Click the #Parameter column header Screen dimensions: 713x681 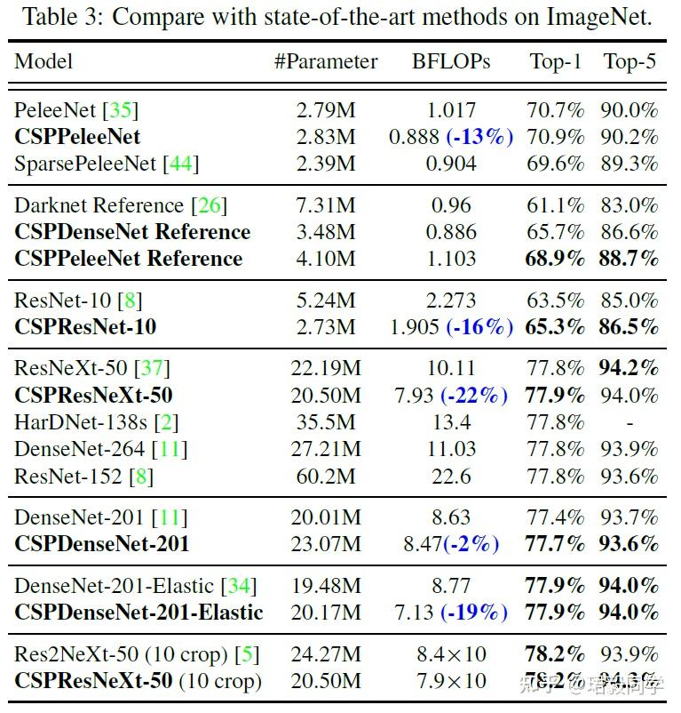point(325,61)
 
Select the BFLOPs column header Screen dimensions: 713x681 point(451,61)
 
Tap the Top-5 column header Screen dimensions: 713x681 point(630,61)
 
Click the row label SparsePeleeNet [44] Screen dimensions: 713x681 point(107,164)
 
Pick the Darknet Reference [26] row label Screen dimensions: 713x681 point(121,205)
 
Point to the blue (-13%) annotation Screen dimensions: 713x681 point(479,137)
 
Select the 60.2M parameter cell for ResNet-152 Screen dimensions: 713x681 point(325,477)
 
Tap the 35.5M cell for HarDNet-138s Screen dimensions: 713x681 point(325,422)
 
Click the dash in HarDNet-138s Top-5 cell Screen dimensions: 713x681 point(630,422)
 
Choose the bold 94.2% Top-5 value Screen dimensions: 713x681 point(630,368)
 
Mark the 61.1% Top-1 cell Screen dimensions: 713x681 point(557,205)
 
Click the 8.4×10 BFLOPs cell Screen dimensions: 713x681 point(451,655)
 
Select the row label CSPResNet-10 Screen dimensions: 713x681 point(85,327)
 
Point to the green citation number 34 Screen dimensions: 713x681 point(240,586)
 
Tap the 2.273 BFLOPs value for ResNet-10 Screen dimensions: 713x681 point(451,300)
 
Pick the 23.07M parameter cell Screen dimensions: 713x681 point(325,543)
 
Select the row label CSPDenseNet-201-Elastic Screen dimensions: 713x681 point(139,613)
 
